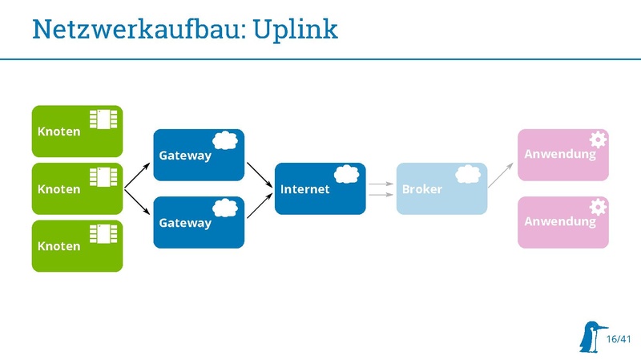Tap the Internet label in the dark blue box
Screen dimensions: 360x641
[x=304, y=190]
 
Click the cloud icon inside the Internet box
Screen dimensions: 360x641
[x=345, y=174]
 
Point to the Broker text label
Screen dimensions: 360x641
[x=421, y=190]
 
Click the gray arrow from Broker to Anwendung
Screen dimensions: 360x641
[x=502, y=173]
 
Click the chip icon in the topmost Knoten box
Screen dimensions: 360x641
[x=103, y=119]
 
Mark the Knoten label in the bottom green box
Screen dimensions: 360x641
[x=59, y=246]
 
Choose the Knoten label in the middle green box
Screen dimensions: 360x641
[x=59, y=189]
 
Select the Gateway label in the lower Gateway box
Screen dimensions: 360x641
[x=185, y=223]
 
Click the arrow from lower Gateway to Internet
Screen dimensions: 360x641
[x=259, y=206]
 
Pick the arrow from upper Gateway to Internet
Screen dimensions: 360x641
[x=259, y=172]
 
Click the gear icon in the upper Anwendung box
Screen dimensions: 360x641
[x=598, y=139]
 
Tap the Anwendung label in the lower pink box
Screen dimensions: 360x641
[x=560, y=220]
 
